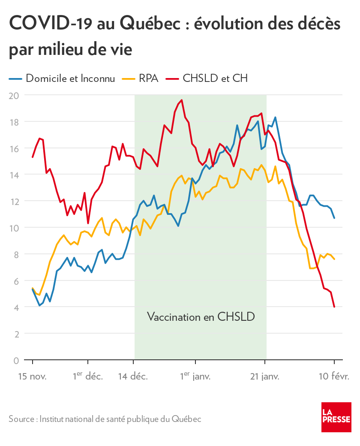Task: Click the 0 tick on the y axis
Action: [16, 360]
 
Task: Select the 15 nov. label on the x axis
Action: [32, 377]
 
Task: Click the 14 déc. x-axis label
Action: [133, 377]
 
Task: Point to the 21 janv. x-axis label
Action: [264, 377]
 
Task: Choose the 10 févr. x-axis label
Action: [334, 377]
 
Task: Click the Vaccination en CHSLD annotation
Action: [201, 317]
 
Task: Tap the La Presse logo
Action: [336, 417]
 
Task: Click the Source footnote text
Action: [105, 419]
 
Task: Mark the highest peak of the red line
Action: [182, 100]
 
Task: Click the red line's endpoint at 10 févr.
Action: [334, 307]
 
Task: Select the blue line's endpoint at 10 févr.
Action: [334, 218]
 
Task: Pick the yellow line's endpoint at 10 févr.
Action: [334, 259]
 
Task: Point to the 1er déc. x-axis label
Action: [87, 377]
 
